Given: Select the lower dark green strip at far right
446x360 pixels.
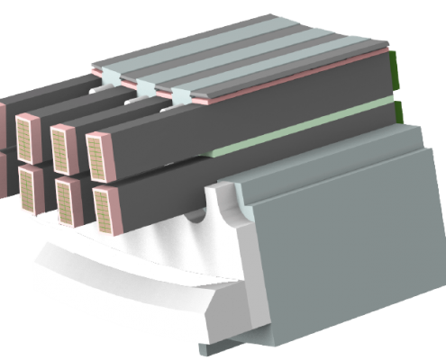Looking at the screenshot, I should (397, 112).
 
